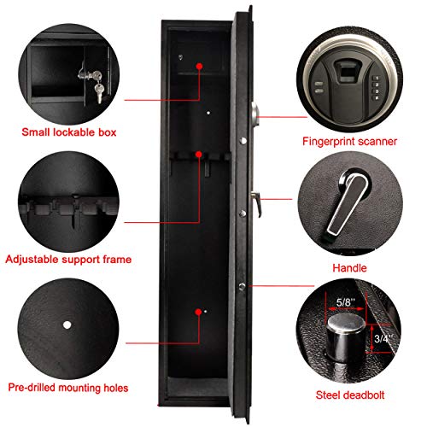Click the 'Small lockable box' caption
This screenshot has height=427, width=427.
(x=68, y=133)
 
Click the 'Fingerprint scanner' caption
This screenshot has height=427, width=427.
(x=354, y=139)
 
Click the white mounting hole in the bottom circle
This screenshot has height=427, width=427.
(x=67, y=325)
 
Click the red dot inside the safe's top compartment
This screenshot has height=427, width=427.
(x=199, y=66)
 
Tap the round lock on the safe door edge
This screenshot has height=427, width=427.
(x=253, y=114)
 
